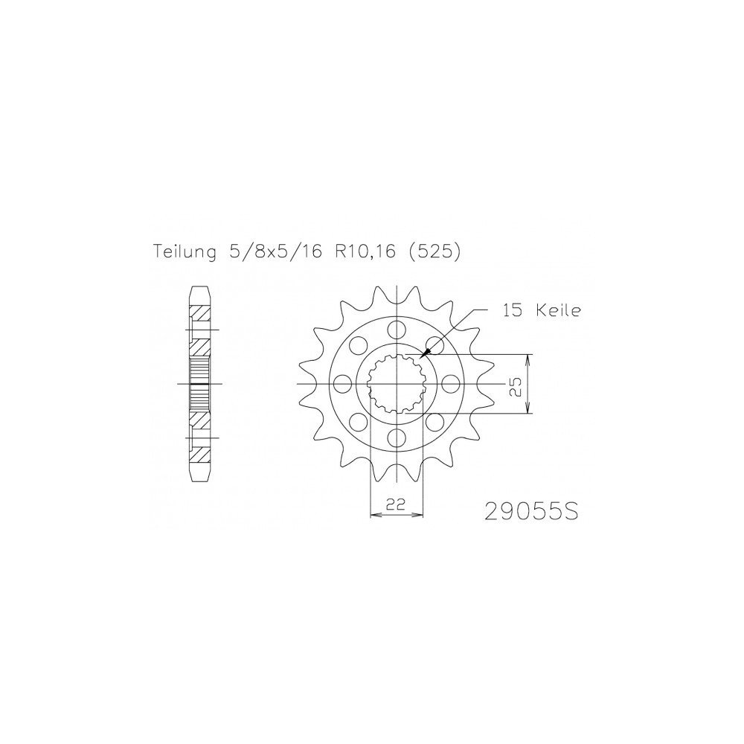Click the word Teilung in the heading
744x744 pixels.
(x=184, y=252)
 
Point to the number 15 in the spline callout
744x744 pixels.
(x=513, y=311)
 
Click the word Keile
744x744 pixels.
(x=558, y=311)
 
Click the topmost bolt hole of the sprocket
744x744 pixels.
(x=397, y=328)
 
